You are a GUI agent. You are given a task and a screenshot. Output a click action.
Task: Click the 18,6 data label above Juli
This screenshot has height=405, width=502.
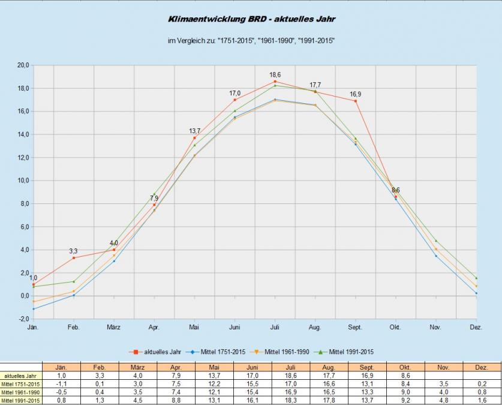pyautogui.click(x=275, y=74)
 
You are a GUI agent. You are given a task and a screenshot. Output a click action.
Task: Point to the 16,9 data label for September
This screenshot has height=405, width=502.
pyautogui.click(x=356, y=94)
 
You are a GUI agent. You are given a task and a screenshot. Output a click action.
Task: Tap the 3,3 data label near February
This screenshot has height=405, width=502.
pyautogui.click(x=73, y=251)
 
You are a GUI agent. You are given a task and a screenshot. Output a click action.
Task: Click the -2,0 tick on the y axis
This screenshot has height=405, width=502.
pyautogui.click(x=22, y=319)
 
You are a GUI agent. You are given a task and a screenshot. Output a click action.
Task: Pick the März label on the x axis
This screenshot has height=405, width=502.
pyautogui.click(x=113, y=328)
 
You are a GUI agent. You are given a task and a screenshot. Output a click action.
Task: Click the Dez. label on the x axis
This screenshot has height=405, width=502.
pyautogui.click(x=476, y=328)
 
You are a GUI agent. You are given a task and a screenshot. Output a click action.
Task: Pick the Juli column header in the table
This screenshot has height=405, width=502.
pyautogui.click(x=291, y=367)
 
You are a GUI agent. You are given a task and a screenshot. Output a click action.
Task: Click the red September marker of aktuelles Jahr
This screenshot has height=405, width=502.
pyautogui.click(x=356, y=101)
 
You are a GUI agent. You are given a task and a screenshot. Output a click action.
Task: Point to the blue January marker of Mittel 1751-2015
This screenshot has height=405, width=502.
pyautogui.click(x=34, y=309)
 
